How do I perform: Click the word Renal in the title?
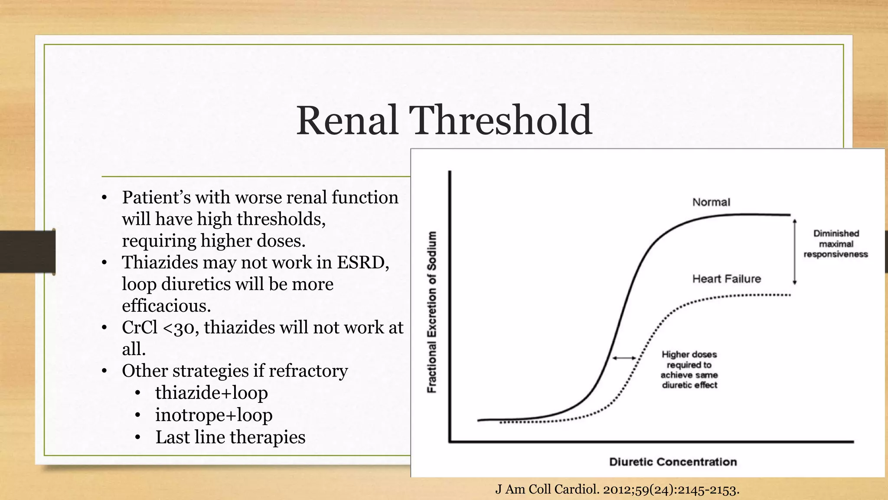pos(347,120)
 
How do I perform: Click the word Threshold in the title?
pos(500,120)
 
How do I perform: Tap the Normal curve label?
pos(711,202)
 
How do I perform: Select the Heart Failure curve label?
pos(726,279)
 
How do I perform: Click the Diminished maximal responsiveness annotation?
pos(836,244)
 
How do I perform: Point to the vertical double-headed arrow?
pos(794,252)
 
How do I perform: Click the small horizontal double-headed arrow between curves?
pos(624,358)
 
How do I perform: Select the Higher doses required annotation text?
pos(689,370)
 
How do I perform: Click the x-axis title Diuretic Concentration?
pos(673,462)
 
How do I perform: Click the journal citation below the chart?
pos(617,490)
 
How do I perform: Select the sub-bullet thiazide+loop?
pos(211,393)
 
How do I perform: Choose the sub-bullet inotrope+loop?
pos(214,415)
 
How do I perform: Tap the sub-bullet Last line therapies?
pos(230,437)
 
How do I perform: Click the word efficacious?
pos(166,306)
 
